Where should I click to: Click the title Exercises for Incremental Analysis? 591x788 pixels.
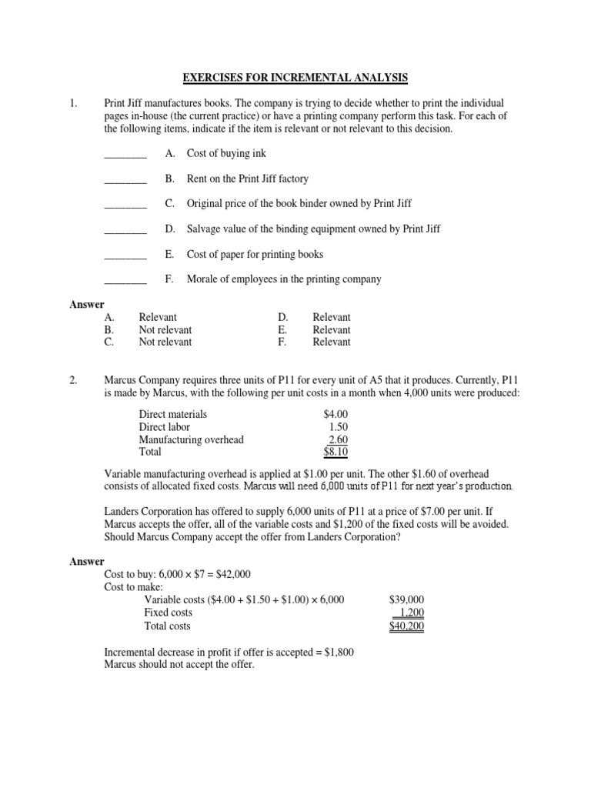(295, 78)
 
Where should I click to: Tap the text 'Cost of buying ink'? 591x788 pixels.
(226, 154)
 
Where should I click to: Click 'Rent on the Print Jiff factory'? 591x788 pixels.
(247, 179)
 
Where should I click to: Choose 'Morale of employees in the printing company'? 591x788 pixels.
(284, 279)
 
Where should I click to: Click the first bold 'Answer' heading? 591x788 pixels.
(87, 305)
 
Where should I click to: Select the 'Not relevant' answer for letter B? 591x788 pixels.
(165, 329)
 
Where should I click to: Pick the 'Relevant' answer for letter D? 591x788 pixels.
(332, 317)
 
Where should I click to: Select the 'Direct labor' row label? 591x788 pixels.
(164, 427)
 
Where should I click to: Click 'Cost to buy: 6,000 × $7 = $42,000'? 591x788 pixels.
(177, 575)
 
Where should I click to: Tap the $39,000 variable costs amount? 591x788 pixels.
(407, 600)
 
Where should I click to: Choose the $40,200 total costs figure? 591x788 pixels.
(407, 626)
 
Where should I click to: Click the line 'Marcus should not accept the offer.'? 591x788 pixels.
(179, 664)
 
